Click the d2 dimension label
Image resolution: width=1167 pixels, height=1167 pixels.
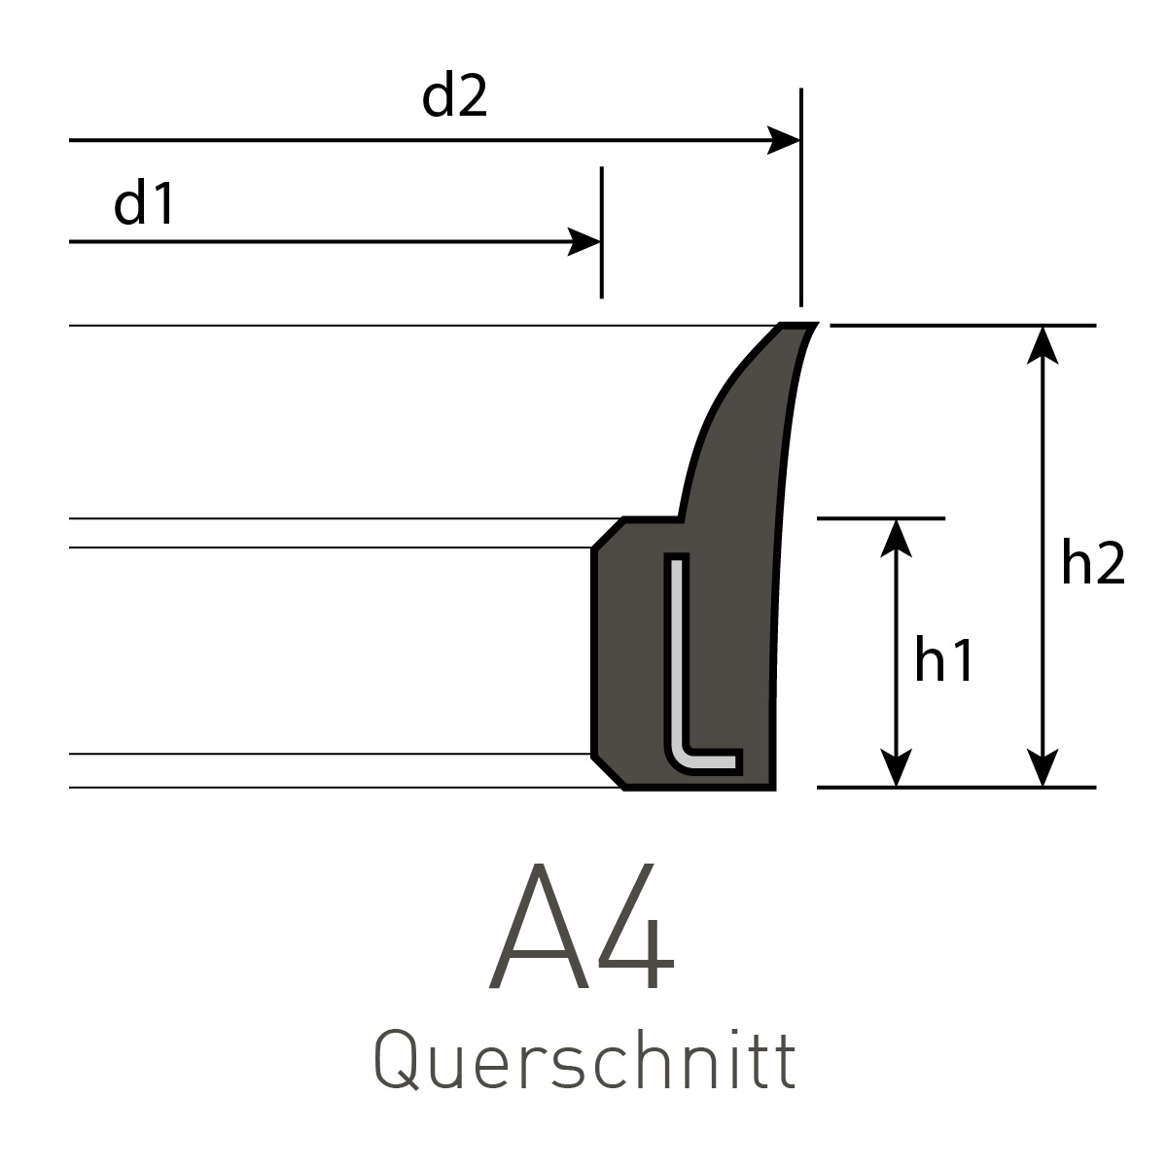click(454, 97)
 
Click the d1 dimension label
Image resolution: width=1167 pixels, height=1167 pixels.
click(144, 204)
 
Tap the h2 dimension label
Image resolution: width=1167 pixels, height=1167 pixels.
click(1092, 564)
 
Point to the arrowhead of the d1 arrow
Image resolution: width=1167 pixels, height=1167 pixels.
click(584, 241)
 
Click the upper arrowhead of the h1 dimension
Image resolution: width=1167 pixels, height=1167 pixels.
click(896, 537)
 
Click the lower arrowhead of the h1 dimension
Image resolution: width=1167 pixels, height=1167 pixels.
click(896, 768)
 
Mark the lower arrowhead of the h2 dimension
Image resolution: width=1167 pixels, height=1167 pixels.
click(1043, 768)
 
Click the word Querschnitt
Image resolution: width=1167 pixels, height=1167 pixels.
click(584, 1062)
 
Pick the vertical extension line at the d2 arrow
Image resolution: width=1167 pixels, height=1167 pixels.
click(800, 194)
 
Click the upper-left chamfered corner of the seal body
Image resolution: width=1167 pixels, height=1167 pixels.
click(608, 533)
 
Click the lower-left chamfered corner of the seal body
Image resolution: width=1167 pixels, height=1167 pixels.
click(608, 771)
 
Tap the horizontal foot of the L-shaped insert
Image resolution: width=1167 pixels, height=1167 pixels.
click(710, 760)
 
